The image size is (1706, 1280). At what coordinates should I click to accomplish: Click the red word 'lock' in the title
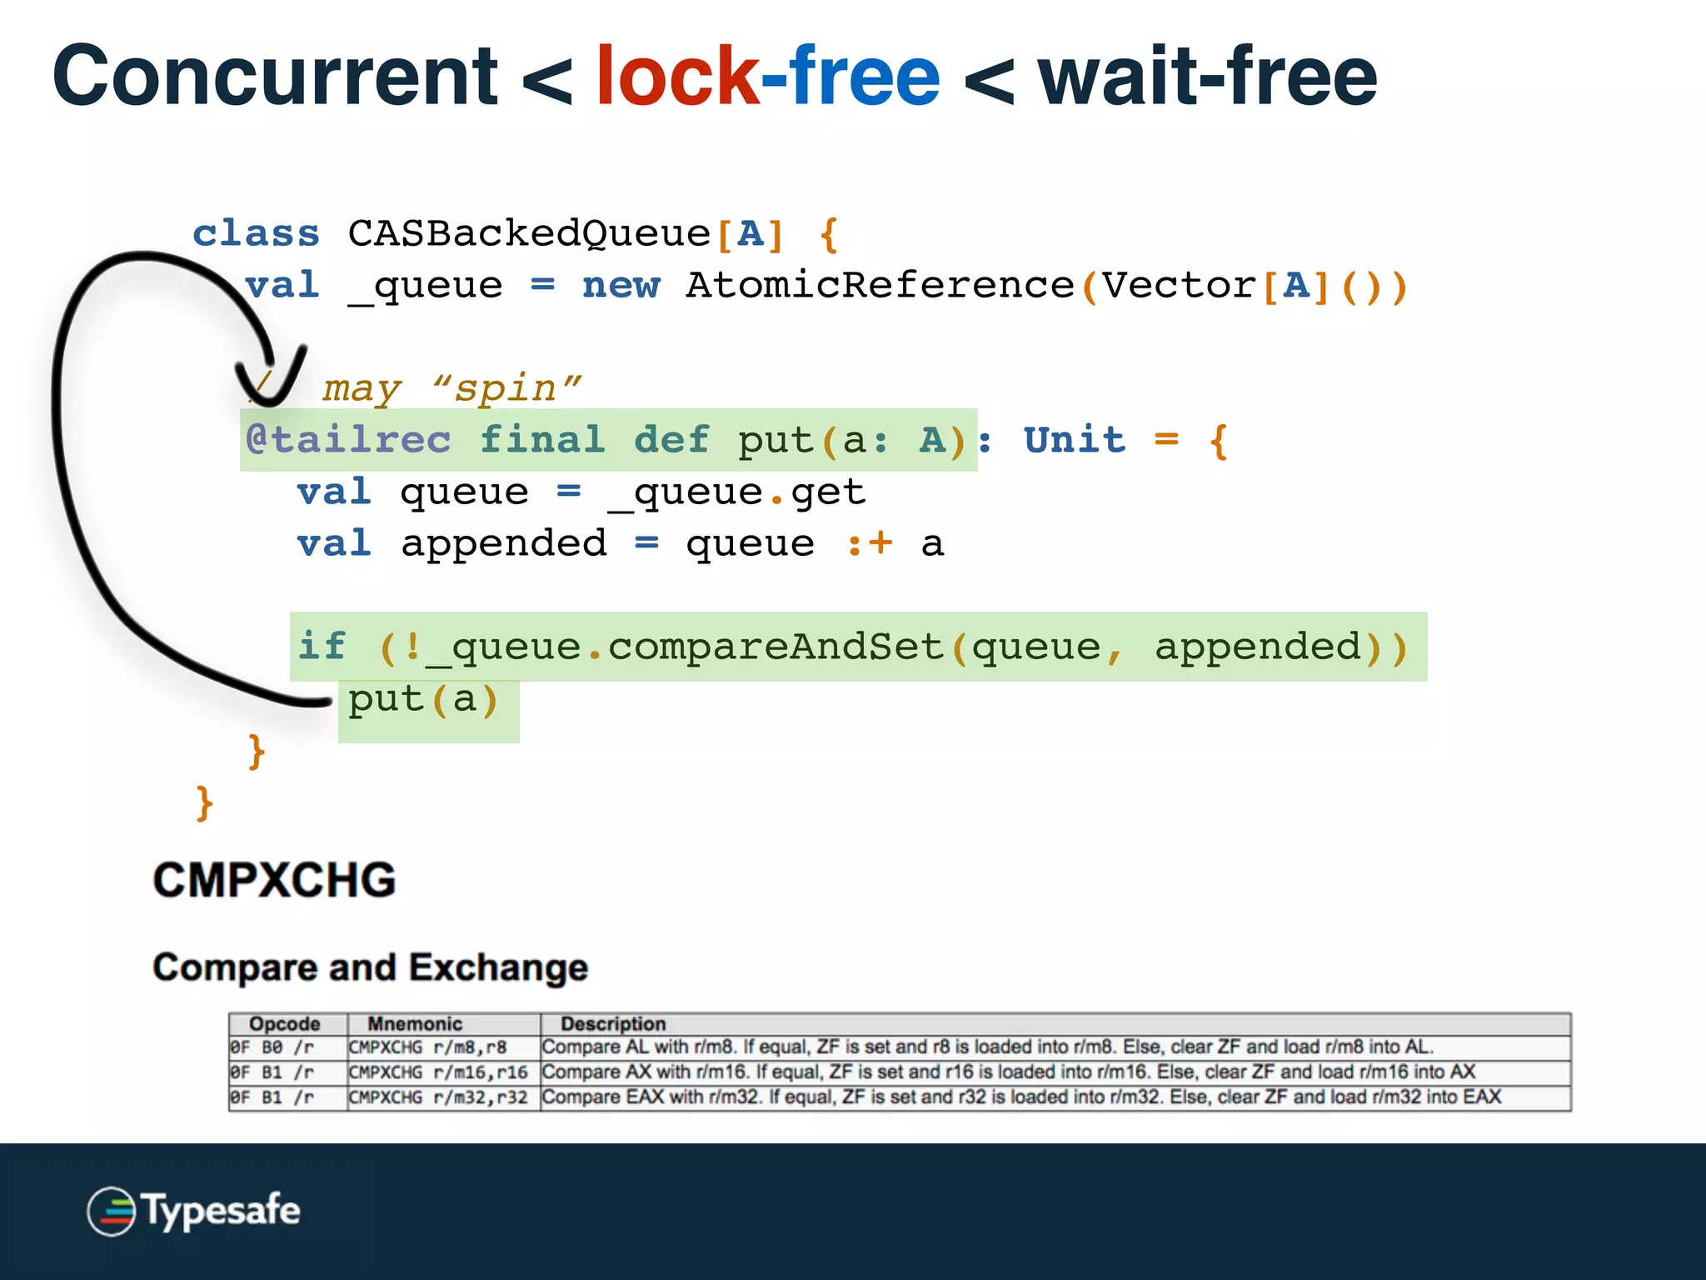coord(676,77)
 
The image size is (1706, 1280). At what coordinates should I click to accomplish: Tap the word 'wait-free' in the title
coord(1207,77)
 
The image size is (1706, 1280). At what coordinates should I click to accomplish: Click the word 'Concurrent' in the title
coord(275,77)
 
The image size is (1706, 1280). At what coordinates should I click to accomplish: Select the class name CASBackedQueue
coord(529,233)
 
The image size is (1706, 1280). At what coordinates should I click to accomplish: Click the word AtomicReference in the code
coord(880,286)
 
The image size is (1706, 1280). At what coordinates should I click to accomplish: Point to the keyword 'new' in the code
coord(621,286)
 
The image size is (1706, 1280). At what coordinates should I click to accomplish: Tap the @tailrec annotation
coord(348,440)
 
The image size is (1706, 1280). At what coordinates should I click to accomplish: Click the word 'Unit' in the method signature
coord(1075,440)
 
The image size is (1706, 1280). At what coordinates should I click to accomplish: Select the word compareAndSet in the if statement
coord(776,647)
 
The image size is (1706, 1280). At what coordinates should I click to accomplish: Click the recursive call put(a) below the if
coord(423,699)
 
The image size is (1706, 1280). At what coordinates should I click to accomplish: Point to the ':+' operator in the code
coord(869,544)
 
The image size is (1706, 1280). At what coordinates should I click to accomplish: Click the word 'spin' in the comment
coord(506,388)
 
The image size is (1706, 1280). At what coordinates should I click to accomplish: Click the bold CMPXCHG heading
coord(274,880)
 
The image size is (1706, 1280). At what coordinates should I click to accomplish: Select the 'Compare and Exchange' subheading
coord(370,967)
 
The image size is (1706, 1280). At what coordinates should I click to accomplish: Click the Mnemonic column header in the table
coord(415,1023)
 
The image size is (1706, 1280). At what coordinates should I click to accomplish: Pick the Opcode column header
coord(285,1023)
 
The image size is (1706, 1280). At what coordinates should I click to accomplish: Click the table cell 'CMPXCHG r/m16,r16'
coord(438,1072)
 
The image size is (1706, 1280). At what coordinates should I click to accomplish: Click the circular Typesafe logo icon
coord(111,1211)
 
